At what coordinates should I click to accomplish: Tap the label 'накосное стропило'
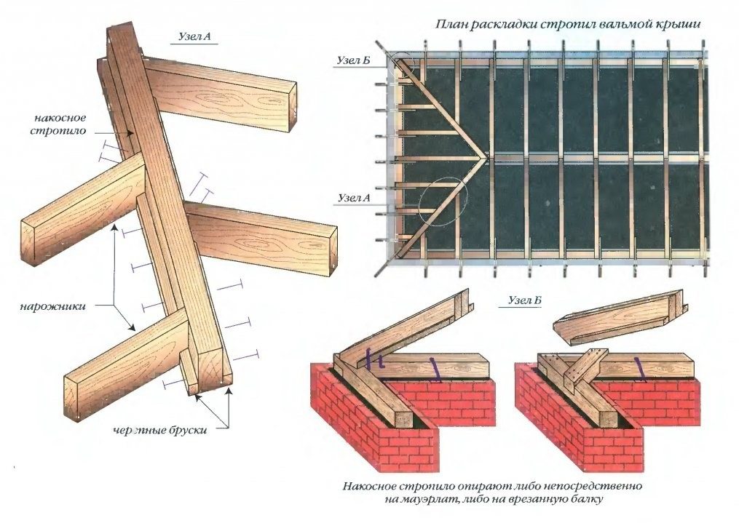(x=59, y=124)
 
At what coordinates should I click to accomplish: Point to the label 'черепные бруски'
(x=159, y=430)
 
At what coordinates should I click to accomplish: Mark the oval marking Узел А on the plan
(x=445, y=201)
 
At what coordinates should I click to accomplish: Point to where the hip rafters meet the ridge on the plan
(x=483, y=156)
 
